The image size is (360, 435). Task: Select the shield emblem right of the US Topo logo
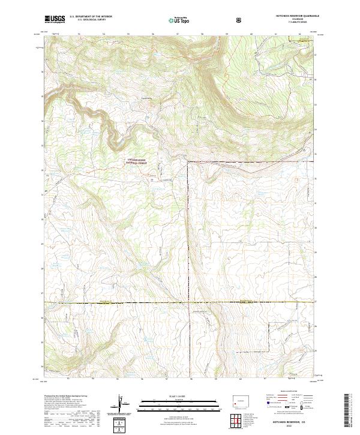tap(241, 19)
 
